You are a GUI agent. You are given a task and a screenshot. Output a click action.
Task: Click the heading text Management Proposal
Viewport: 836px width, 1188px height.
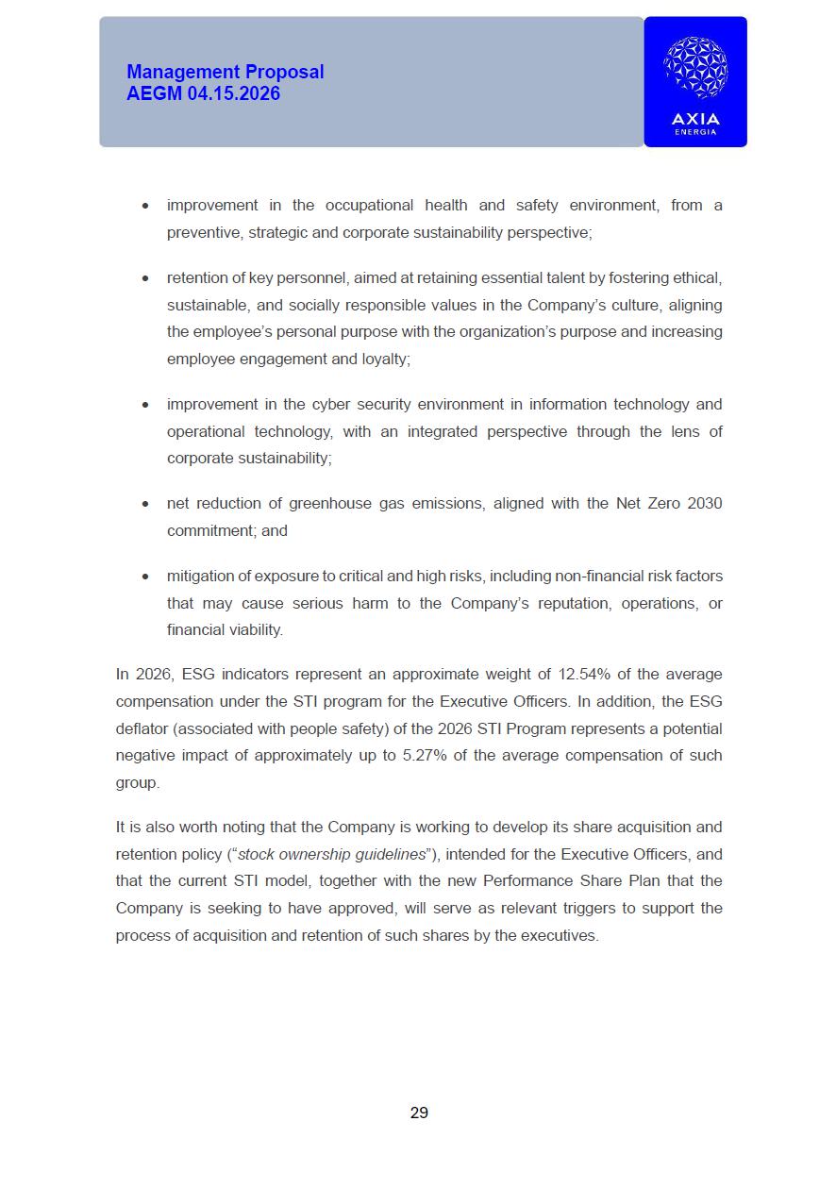[225, 72]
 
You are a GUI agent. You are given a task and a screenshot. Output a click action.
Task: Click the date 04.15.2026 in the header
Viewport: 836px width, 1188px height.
[233, 93]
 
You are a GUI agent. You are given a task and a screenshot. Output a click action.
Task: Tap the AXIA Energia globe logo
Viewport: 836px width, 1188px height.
[695, 68]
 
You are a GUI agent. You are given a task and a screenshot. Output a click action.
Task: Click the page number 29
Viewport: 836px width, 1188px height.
[419, 1113]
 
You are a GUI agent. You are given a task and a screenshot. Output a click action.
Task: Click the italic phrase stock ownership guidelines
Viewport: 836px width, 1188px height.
[331, 854]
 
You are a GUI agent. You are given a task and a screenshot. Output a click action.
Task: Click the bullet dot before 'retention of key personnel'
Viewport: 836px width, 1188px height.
[144, 278]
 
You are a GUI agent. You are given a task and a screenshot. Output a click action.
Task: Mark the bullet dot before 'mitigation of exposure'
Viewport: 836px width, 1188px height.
[144, 576]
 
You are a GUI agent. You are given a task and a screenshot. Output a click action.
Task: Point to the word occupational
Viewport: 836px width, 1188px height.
[369, 205]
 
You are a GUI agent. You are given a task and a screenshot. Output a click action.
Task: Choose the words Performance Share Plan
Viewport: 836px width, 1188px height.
[592, 880]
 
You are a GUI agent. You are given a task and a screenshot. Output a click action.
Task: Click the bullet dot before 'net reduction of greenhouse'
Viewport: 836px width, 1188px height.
[144, 504]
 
